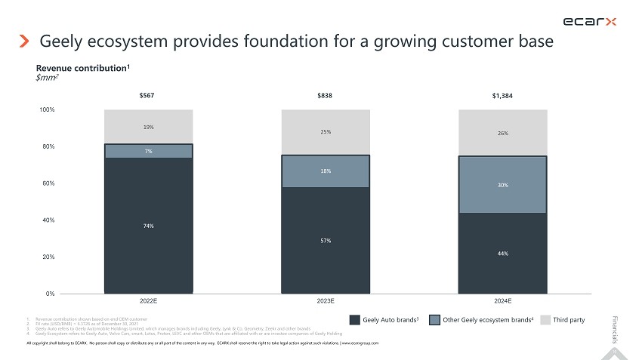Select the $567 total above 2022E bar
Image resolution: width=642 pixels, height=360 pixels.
coord(148,96)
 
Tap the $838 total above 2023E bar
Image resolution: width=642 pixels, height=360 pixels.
coord(325,96)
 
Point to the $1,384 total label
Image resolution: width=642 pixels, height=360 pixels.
coord(502,96)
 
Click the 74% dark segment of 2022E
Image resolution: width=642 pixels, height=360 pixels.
coord(148,226)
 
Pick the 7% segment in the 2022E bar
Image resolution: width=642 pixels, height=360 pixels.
coord(148,151)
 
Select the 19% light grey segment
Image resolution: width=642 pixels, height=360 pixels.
coord(148,127)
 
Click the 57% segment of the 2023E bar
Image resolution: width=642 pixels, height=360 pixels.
coord(325,240)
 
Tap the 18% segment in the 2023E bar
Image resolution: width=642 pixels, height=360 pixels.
coord(325,171)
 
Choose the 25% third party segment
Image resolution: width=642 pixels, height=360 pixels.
coord(325,132)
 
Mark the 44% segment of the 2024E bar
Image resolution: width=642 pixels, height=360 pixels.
coord(502,253)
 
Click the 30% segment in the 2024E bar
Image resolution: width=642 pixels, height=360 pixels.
coord(502,185)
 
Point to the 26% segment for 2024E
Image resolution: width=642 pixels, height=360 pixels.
coord(502,133)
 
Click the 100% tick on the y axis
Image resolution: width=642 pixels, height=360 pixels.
coord(46,110)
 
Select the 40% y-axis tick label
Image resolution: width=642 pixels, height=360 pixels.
coord(46,220)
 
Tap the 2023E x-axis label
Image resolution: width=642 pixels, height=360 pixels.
coord(325,300)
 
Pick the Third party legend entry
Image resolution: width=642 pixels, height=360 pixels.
coord(563,320)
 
